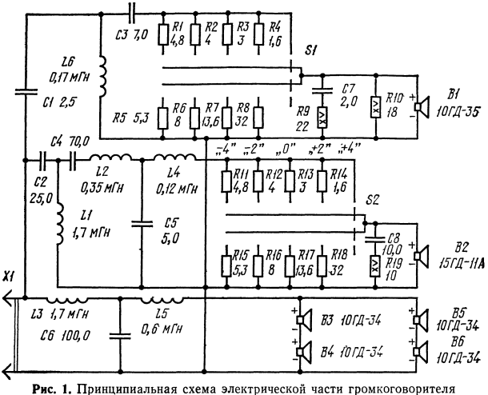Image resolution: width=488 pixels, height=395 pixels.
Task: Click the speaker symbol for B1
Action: [x=422, y=106]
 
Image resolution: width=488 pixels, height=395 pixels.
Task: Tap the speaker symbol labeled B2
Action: [x=422, y=256]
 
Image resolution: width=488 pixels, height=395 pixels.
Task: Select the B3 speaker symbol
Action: [x=304, y=320]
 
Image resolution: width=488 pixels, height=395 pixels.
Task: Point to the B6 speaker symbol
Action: [x=421, y=352]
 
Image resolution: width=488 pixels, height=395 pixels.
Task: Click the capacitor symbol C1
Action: [x=26, y=91]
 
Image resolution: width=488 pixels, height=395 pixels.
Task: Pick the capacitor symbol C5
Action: [x=142, y=223]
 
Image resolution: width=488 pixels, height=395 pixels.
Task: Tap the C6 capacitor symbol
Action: [x=120, y=336]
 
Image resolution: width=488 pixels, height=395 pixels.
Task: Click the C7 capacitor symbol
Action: [x=322, y=91]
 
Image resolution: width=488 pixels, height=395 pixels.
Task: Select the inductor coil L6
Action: [x=102, y=77]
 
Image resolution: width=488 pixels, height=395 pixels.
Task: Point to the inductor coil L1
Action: [x=59, y=224]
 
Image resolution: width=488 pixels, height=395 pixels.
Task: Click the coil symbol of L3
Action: [x=67, y=300]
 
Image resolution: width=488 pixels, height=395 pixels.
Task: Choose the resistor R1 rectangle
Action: [x=163, y=35]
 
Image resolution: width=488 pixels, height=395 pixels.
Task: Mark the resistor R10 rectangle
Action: [x=376, y=107]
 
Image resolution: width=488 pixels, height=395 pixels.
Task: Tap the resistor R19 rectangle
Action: [x=375, y=266]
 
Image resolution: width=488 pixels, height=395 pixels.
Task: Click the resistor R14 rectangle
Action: [x=322, y=182]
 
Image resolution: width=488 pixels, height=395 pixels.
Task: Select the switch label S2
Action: [x=372, y=200]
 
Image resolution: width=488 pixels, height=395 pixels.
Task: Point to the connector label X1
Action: [x=10, y=277]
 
